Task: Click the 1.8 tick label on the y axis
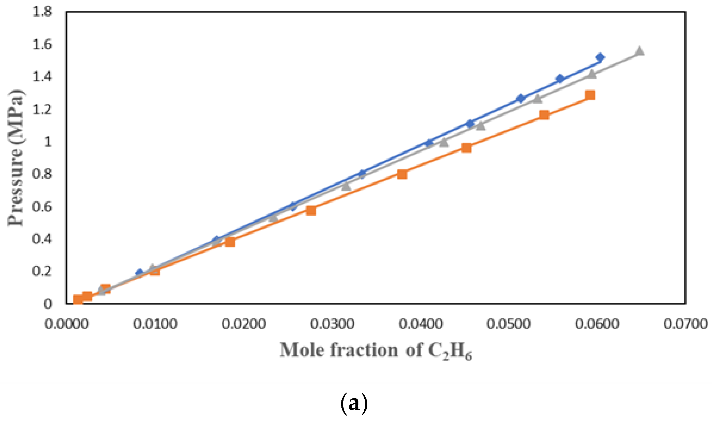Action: click(x=42, y=12)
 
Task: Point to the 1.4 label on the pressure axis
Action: click(x=42, y=77)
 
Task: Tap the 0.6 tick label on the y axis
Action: click(x=42, y=206)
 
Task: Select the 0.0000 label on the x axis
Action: click(x=66, y=324)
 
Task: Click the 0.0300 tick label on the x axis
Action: click(x=332, y=324)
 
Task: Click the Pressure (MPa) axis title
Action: click(x=15, y=158)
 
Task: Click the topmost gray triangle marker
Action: click(x=639, y=51)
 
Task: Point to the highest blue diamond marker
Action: click(x=600, y=57)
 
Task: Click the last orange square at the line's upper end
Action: click(x=590, y=95)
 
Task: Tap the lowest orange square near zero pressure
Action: click(x=78, y=299)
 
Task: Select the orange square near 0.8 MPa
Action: click(x=402, y=174)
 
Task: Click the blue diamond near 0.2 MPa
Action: click(x=139, y=272)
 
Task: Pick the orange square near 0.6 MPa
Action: click(x=311, y=211)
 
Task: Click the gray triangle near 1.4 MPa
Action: click(x=592, y=74)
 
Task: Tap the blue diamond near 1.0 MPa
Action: click(x=429, y=143)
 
